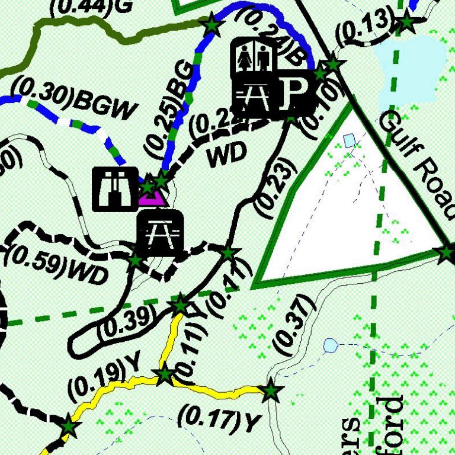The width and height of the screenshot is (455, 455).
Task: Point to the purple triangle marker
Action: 152,197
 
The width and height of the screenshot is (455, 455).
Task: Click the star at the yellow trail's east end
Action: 271,391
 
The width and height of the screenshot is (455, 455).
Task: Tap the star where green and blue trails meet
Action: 211,25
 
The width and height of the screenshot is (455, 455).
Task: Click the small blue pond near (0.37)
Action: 330,344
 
